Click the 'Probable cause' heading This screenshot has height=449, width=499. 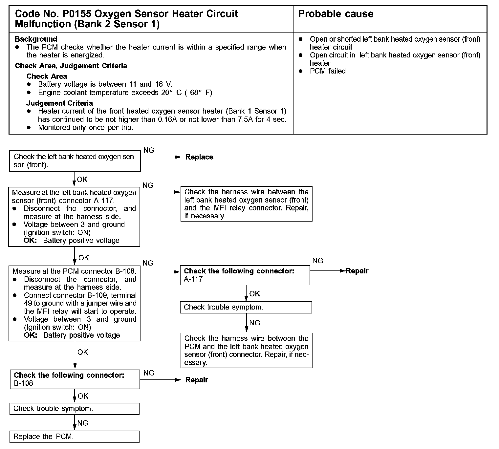click(x=336, y=14)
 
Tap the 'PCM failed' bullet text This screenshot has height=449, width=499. click(x=328, y=71)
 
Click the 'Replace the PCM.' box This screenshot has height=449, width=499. click(x=75, y=437)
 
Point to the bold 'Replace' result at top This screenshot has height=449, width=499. click(x=199, y=157)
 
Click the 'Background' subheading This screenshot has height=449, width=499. click(x=36, y=39)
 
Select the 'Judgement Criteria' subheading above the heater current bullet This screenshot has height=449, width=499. click(x=59, y=103)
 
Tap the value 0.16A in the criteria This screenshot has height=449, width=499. click(x=168, y=119)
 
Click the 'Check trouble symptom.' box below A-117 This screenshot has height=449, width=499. click(x=246, y=307)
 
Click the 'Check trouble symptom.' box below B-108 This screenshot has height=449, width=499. click(x=75, y=409)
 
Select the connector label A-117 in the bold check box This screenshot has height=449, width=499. click(x=193, y=279)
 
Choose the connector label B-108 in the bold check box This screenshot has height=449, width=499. click(x=24, y=383)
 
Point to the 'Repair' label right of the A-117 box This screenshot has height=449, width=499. click(x=357, y=271)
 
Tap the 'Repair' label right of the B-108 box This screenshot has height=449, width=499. click(x=197, y=380)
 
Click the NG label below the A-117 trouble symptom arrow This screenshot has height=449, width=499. click(x=255, y=323)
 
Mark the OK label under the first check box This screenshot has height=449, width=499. click(x=82, y=180)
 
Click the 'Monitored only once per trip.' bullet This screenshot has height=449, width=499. click(x=86, y=128)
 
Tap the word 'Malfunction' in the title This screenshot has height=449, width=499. click(x=43, y=24)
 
